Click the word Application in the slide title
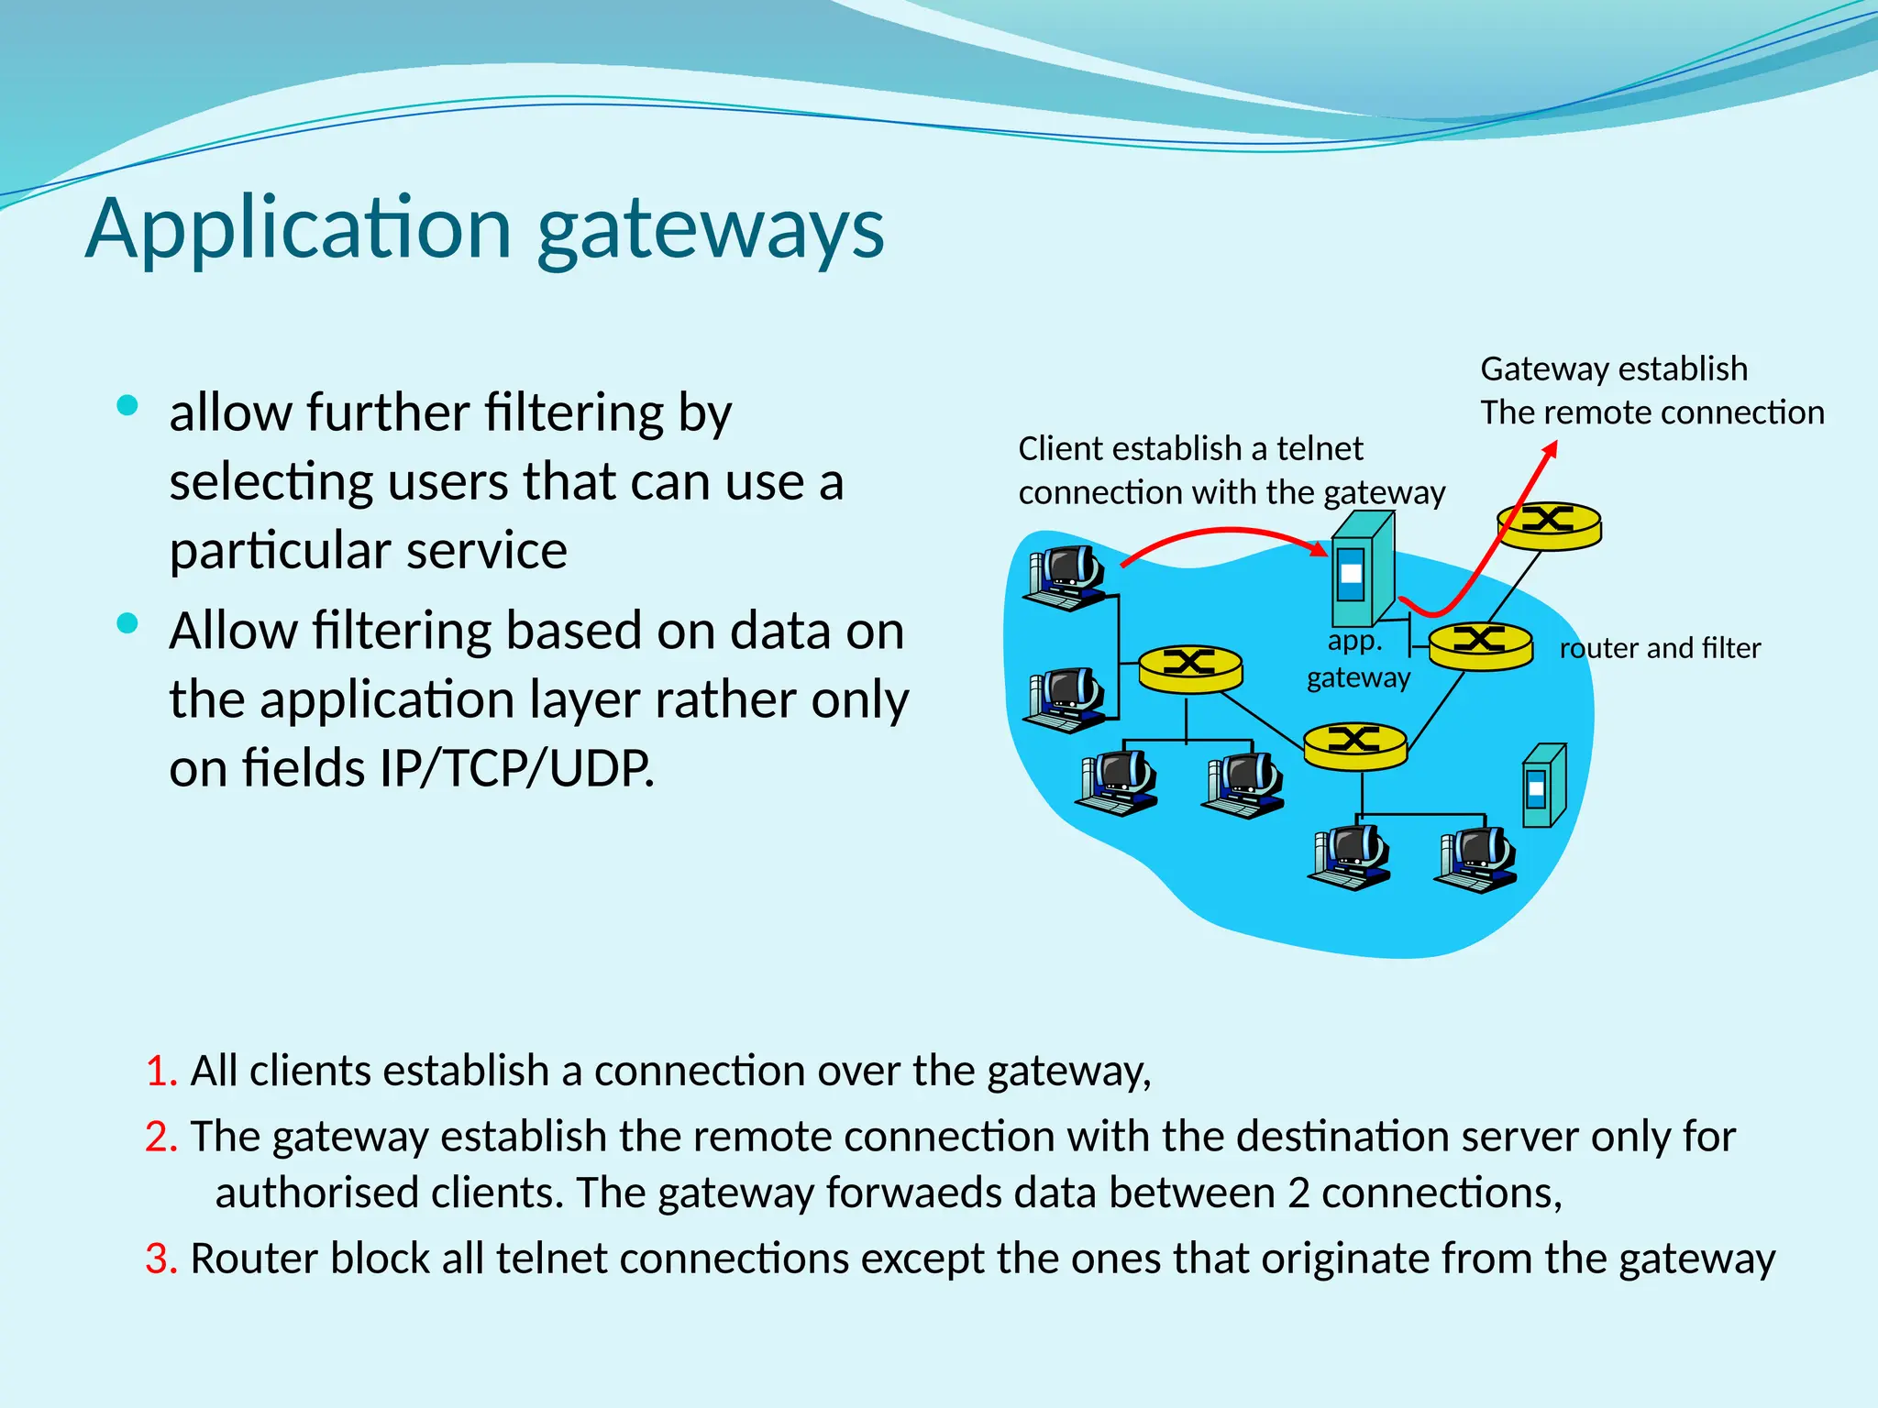click(298, 229)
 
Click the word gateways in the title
click(711, 231)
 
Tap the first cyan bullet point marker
click(127, 405)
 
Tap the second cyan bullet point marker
click(127, 624)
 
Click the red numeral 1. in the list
click(161, 1071)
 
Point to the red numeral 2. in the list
click(161, 1137)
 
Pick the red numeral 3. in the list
click(161, 1259)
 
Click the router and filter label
click(1660, 648)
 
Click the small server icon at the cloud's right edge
click(1544, 786)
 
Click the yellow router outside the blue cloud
click(1549, 525)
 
